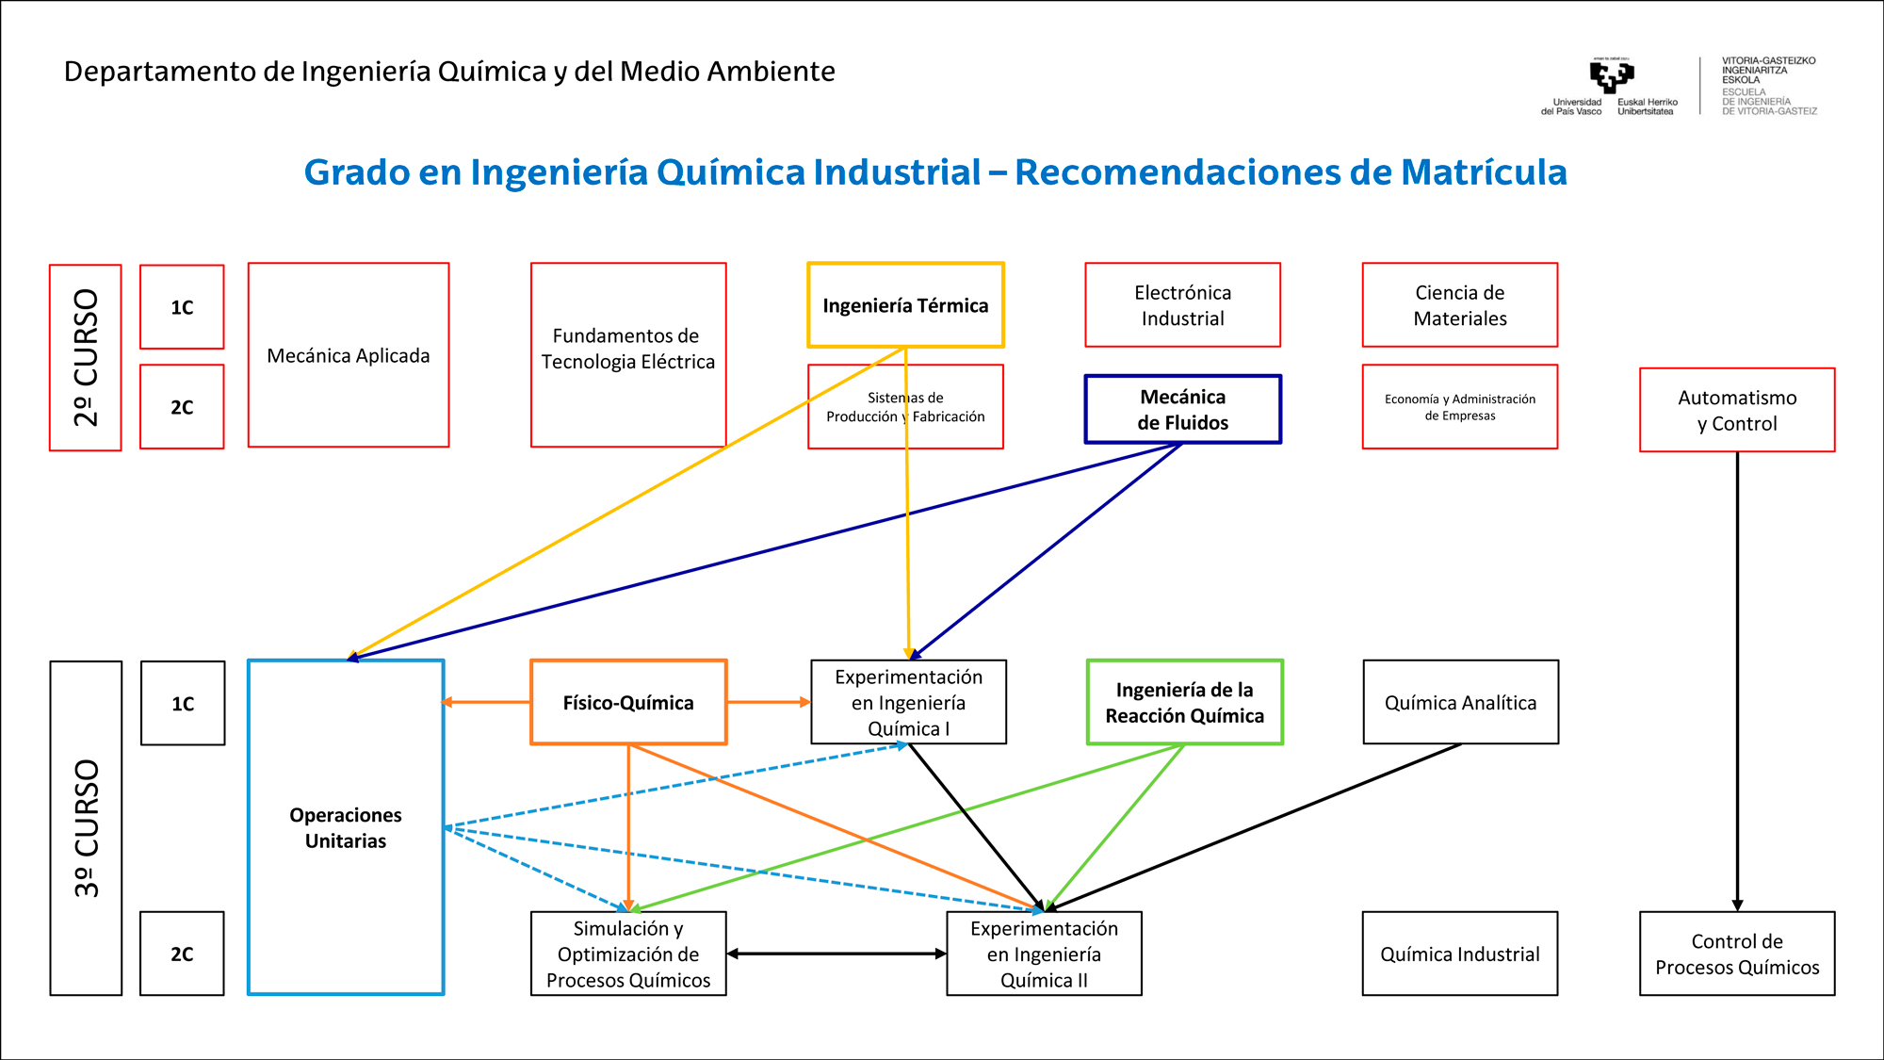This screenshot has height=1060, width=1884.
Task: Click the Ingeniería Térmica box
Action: [x=905, y=305]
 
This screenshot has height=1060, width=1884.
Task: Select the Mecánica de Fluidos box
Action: [x=1182, y=410]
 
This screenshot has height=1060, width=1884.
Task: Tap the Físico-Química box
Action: [x=628, y=703]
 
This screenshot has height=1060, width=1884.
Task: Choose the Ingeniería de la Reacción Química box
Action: [x=1184, y=703]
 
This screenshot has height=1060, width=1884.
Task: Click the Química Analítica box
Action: [x=1460, y=703]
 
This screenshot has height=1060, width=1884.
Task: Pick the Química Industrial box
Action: [x=1460, y=954]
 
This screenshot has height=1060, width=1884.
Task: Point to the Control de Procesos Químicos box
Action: [x=1737, y=954]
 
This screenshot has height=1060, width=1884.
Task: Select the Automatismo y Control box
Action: [x=1737, y=411]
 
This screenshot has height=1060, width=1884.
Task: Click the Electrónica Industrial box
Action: [x=1182, y=305]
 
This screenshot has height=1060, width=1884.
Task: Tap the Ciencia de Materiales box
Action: [x=1460, y=305]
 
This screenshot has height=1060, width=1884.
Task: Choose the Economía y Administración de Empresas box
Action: [x=1460, y=407]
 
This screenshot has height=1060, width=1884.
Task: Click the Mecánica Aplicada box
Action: [x=349, y=355]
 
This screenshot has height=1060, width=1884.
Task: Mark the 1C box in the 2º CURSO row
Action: [x=182, y=307]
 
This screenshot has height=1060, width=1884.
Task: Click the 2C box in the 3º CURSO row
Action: [x=182, y=954]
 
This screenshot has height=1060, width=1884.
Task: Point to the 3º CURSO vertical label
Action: [x=86, y=828]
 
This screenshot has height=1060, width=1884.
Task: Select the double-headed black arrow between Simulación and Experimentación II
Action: [x=836, y=954]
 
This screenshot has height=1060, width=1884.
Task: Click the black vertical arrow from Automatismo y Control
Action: [x=1737, y=678]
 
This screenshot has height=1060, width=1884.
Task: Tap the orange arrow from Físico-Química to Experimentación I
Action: [x=768, y=702]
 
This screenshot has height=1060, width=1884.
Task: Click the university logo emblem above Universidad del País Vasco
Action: [x=1611, y=75]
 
